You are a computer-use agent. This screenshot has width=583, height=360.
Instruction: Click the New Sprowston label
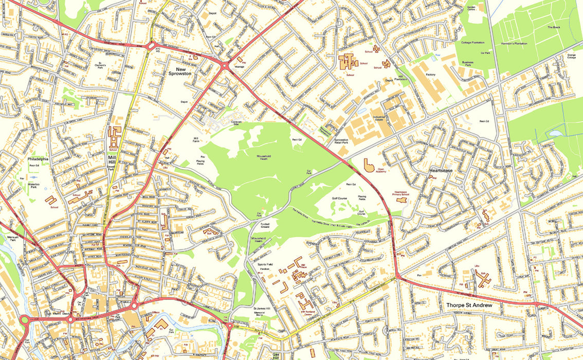click(180, 71)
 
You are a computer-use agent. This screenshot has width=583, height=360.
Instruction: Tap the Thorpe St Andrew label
click(469, 305)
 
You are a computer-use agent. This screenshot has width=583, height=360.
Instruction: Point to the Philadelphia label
click(38, 159)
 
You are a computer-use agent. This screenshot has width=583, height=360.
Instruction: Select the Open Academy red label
click(381, 171)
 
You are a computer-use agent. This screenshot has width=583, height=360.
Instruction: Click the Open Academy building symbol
click(369, 165)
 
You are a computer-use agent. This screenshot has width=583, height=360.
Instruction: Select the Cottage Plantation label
click(472, 43)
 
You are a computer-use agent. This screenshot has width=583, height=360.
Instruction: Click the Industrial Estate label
click(379, 119)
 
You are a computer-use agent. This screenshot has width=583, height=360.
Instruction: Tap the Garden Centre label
click(471, 9)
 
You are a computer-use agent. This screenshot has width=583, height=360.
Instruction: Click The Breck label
click(553, 27)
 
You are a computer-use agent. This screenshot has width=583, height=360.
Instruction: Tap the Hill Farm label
click(195, 140)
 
